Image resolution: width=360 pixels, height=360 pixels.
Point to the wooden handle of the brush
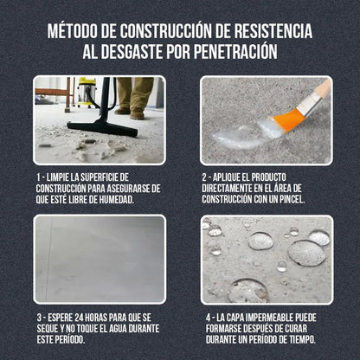pos(320,90)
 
